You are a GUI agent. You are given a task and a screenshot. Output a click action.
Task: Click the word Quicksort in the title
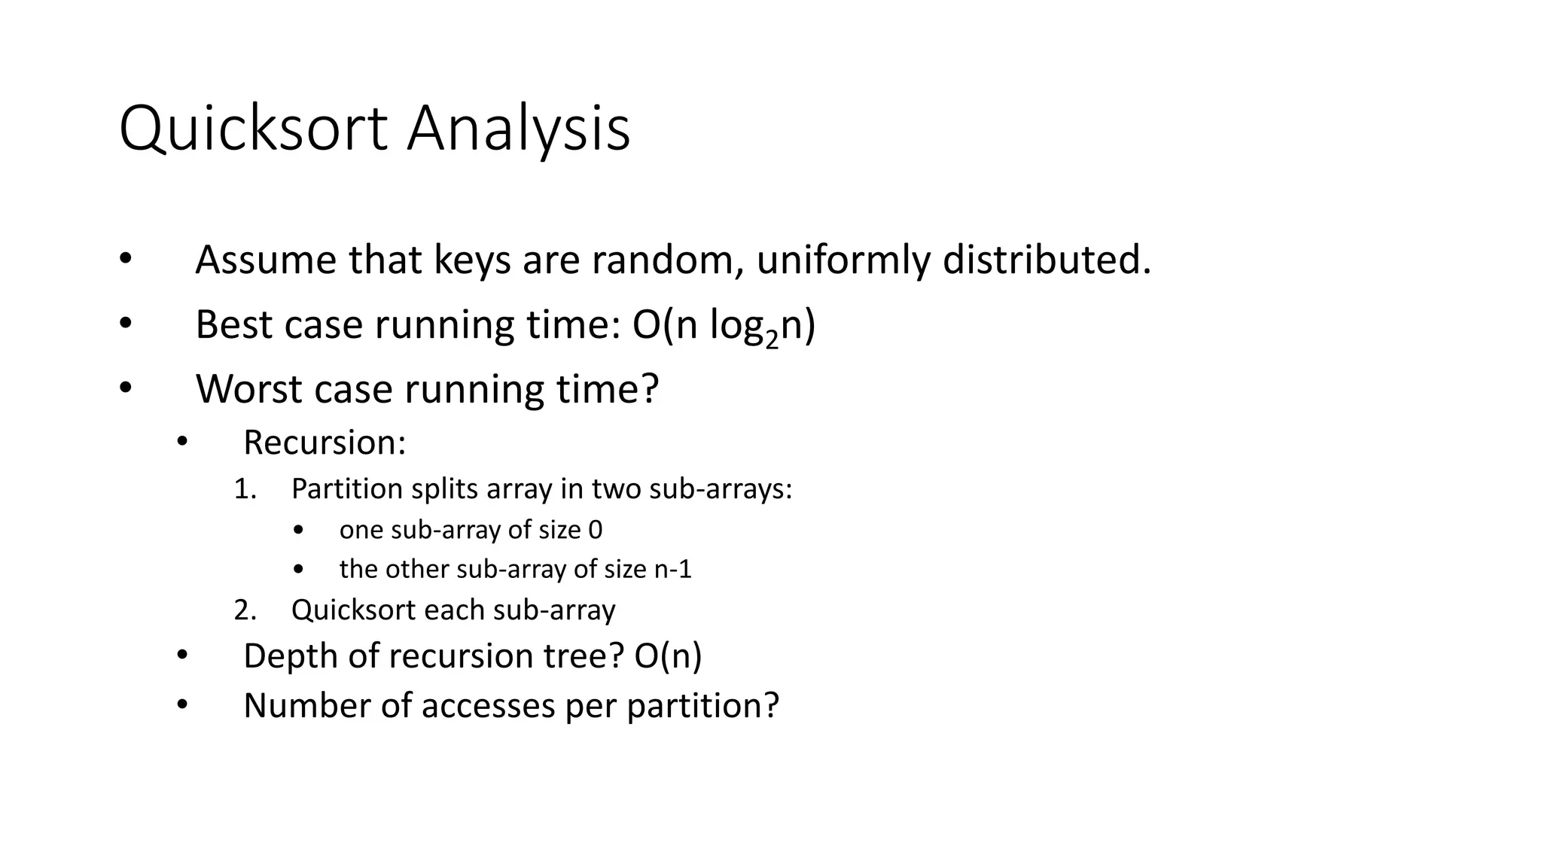253,129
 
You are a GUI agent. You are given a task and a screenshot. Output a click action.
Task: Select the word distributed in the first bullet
1047,260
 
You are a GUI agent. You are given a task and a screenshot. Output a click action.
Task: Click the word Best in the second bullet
233,325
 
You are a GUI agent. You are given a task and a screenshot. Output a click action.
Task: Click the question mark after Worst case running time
650,390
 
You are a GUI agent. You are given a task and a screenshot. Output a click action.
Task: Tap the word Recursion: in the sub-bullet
325,443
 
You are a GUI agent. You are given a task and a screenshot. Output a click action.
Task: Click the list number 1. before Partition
245,489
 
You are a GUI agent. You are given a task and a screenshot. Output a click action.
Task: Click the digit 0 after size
595,530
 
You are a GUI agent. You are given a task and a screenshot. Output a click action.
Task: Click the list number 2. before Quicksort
245,610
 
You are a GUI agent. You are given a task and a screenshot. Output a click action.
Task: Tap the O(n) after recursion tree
668,656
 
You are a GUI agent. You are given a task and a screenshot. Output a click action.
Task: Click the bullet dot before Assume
125,259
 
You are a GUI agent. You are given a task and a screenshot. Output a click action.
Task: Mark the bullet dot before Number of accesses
181,704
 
